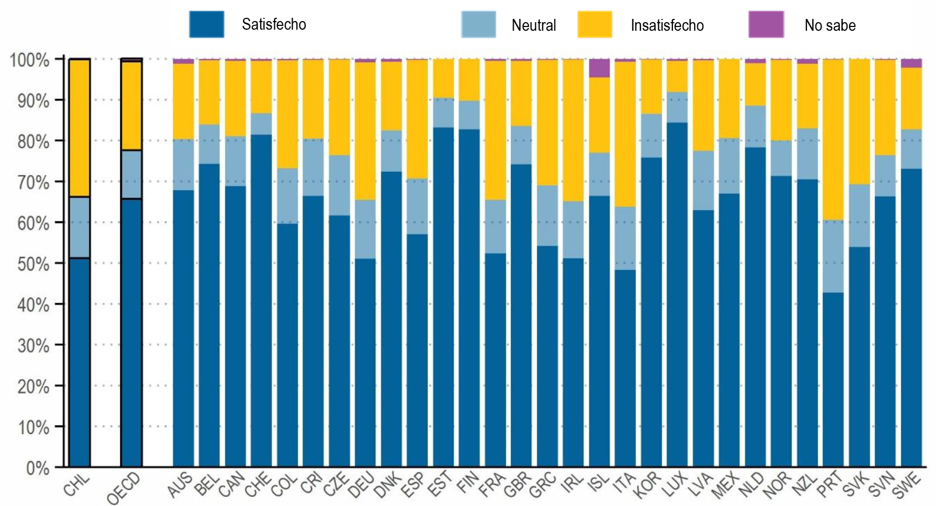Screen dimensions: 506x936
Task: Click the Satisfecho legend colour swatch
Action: (x=206, y=25)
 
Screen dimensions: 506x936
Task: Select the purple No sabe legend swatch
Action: (x=766, y=25)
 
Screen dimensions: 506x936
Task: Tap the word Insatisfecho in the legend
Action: (x=667, y=25)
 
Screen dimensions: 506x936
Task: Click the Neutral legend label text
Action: (x=534, y=25)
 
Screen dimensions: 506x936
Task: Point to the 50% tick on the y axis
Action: (x=33, y=264)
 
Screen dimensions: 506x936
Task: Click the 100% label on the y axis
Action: (x=30, y=60)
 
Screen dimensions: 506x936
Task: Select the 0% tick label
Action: (x=37, y=468)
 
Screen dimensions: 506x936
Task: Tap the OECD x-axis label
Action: (x=124, y=488)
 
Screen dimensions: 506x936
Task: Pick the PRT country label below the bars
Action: (x=830, y=484)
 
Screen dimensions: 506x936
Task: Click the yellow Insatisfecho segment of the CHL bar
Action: (x=80, y=128)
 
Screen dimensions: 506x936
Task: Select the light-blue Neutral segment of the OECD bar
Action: (x=131, y=174)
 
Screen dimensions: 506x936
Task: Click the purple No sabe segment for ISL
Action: (x=599, y=69)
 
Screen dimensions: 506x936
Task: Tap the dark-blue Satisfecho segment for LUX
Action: (x=677, y=294)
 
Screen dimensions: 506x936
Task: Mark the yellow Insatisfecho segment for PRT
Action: (x=833, y=139)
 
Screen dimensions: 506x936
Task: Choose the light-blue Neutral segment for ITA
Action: (x=625, y=238)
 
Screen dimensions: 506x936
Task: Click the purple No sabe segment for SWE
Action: (x=911, y=63)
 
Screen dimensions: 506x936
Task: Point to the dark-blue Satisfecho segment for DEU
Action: (x=365, y=362)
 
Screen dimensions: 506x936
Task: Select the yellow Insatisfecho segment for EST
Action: (x=443, y=78)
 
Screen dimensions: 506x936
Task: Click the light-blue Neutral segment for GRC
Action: (x=547, y=215)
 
